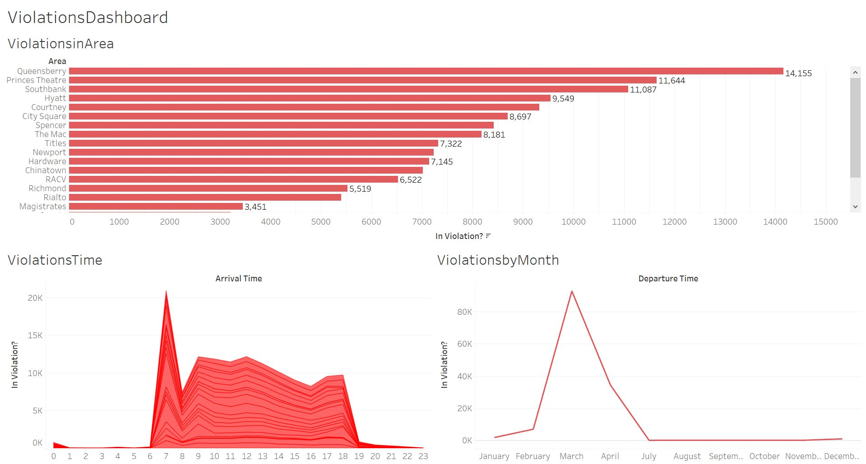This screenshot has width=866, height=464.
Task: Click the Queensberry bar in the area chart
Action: tap(426, 71)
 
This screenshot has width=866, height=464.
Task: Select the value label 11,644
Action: tap(671, 81)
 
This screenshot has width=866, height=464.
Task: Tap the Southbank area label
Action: tap(46, 89)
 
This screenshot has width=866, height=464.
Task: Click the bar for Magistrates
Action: tap(156, 207)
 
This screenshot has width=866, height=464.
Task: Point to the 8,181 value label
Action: tap(494, 135)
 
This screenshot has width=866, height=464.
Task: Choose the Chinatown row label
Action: tap(46, 170)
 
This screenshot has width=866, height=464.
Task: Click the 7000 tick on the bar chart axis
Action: tap(422, 222)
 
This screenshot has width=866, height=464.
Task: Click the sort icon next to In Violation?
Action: tap(488, 236)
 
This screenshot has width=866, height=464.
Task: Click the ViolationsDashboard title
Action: tap(88, 18)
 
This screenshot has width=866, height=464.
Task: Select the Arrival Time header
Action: tap(238, 279)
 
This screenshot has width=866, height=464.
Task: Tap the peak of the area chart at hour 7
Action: tap(166, 292)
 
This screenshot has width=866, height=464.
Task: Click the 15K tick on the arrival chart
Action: tap(35, 335)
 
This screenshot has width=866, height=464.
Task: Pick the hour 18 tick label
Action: tap(343, 456)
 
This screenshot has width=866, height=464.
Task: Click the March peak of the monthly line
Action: tap(572, 291)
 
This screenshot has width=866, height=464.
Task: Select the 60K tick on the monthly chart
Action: tap(464, 344)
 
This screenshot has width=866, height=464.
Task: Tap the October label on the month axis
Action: tap(764, 456)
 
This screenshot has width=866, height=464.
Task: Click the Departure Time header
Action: tap(668, 279)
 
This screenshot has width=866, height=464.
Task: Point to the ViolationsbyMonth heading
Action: tap(498, 260)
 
